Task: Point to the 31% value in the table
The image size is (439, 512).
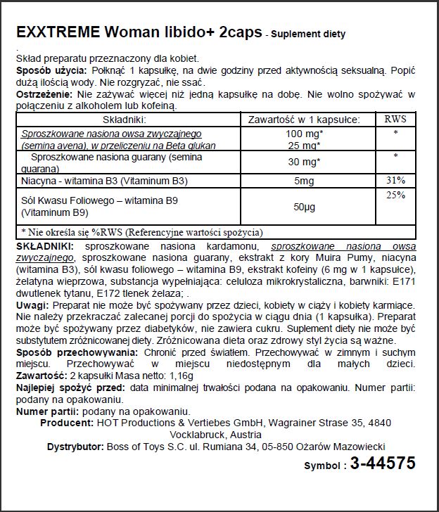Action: (x=396, y=180)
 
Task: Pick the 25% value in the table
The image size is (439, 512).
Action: (x=396, y=195)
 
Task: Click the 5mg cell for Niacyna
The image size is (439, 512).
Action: (x=305, y=181)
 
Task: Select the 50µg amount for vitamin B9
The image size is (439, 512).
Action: (x=305, y=207)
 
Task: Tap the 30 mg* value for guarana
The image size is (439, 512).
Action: (x=305, y=162)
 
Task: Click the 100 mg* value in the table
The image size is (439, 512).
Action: (x=305, y=134)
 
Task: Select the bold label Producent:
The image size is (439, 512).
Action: (x=67, y=423)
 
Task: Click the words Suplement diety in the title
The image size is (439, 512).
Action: (x=307, y=34)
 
